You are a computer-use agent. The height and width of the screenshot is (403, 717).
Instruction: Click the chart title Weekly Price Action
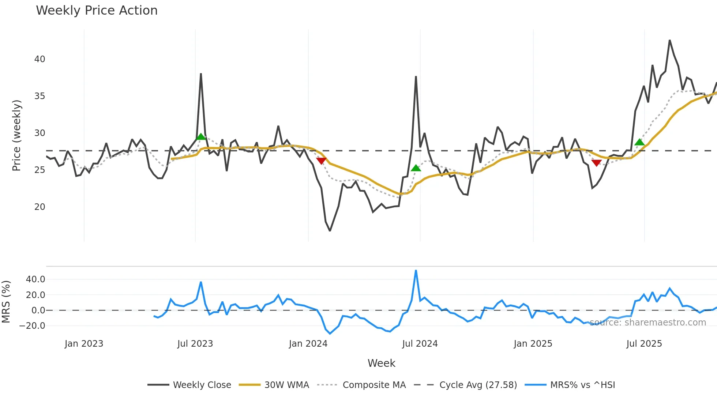(97, 11)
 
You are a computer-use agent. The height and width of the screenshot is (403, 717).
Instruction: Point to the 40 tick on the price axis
(40, 59)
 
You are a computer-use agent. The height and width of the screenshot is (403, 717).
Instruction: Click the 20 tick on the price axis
(40, 207)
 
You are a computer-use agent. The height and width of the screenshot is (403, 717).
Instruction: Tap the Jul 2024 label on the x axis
(420, 344)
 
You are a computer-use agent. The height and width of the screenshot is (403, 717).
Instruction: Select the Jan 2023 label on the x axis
(84, 344)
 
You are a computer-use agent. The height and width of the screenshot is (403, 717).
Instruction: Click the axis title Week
(381, 363)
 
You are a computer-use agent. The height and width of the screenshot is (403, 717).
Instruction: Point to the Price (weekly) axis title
(16, 135)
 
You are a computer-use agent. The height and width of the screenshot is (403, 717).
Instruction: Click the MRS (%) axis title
(6, 302)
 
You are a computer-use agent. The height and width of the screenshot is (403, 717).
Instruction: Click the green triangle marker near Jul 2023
(201, 137)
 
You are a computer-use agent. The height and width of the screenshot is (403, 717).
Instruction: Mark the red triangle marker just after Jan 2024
(321, 161)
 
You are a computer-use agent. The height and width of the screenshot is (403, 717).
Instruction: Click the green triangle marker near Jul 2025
(639, 142)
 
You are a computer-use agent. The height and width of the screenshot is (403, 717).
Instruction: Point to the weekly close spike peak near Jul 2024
(416, 77)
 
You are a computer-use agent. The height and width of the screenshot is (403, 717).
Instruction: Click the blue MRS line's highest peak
(416, 271)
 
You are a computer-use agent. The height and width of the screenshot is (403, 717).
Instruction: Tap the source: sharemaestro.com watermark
(647, 323)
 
